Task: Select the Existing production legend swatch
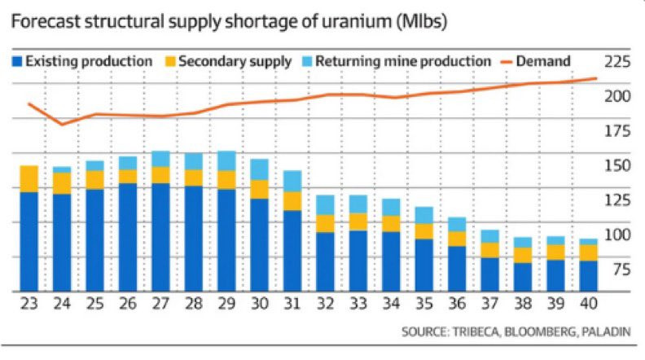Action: click(18, 61)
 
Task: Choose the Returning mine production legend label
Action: click(403, 61)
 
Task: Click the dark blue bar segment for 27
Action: click(161, 236)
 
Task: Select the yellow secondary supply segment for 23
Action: click(29, 178)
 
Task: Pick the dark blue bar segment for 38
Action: click(523, 276)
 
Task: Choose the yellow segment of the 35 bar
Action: click(423, 230)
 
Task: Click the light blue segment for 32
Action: click(325, 204)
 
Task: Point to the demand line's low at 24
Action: click(63, 125)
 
